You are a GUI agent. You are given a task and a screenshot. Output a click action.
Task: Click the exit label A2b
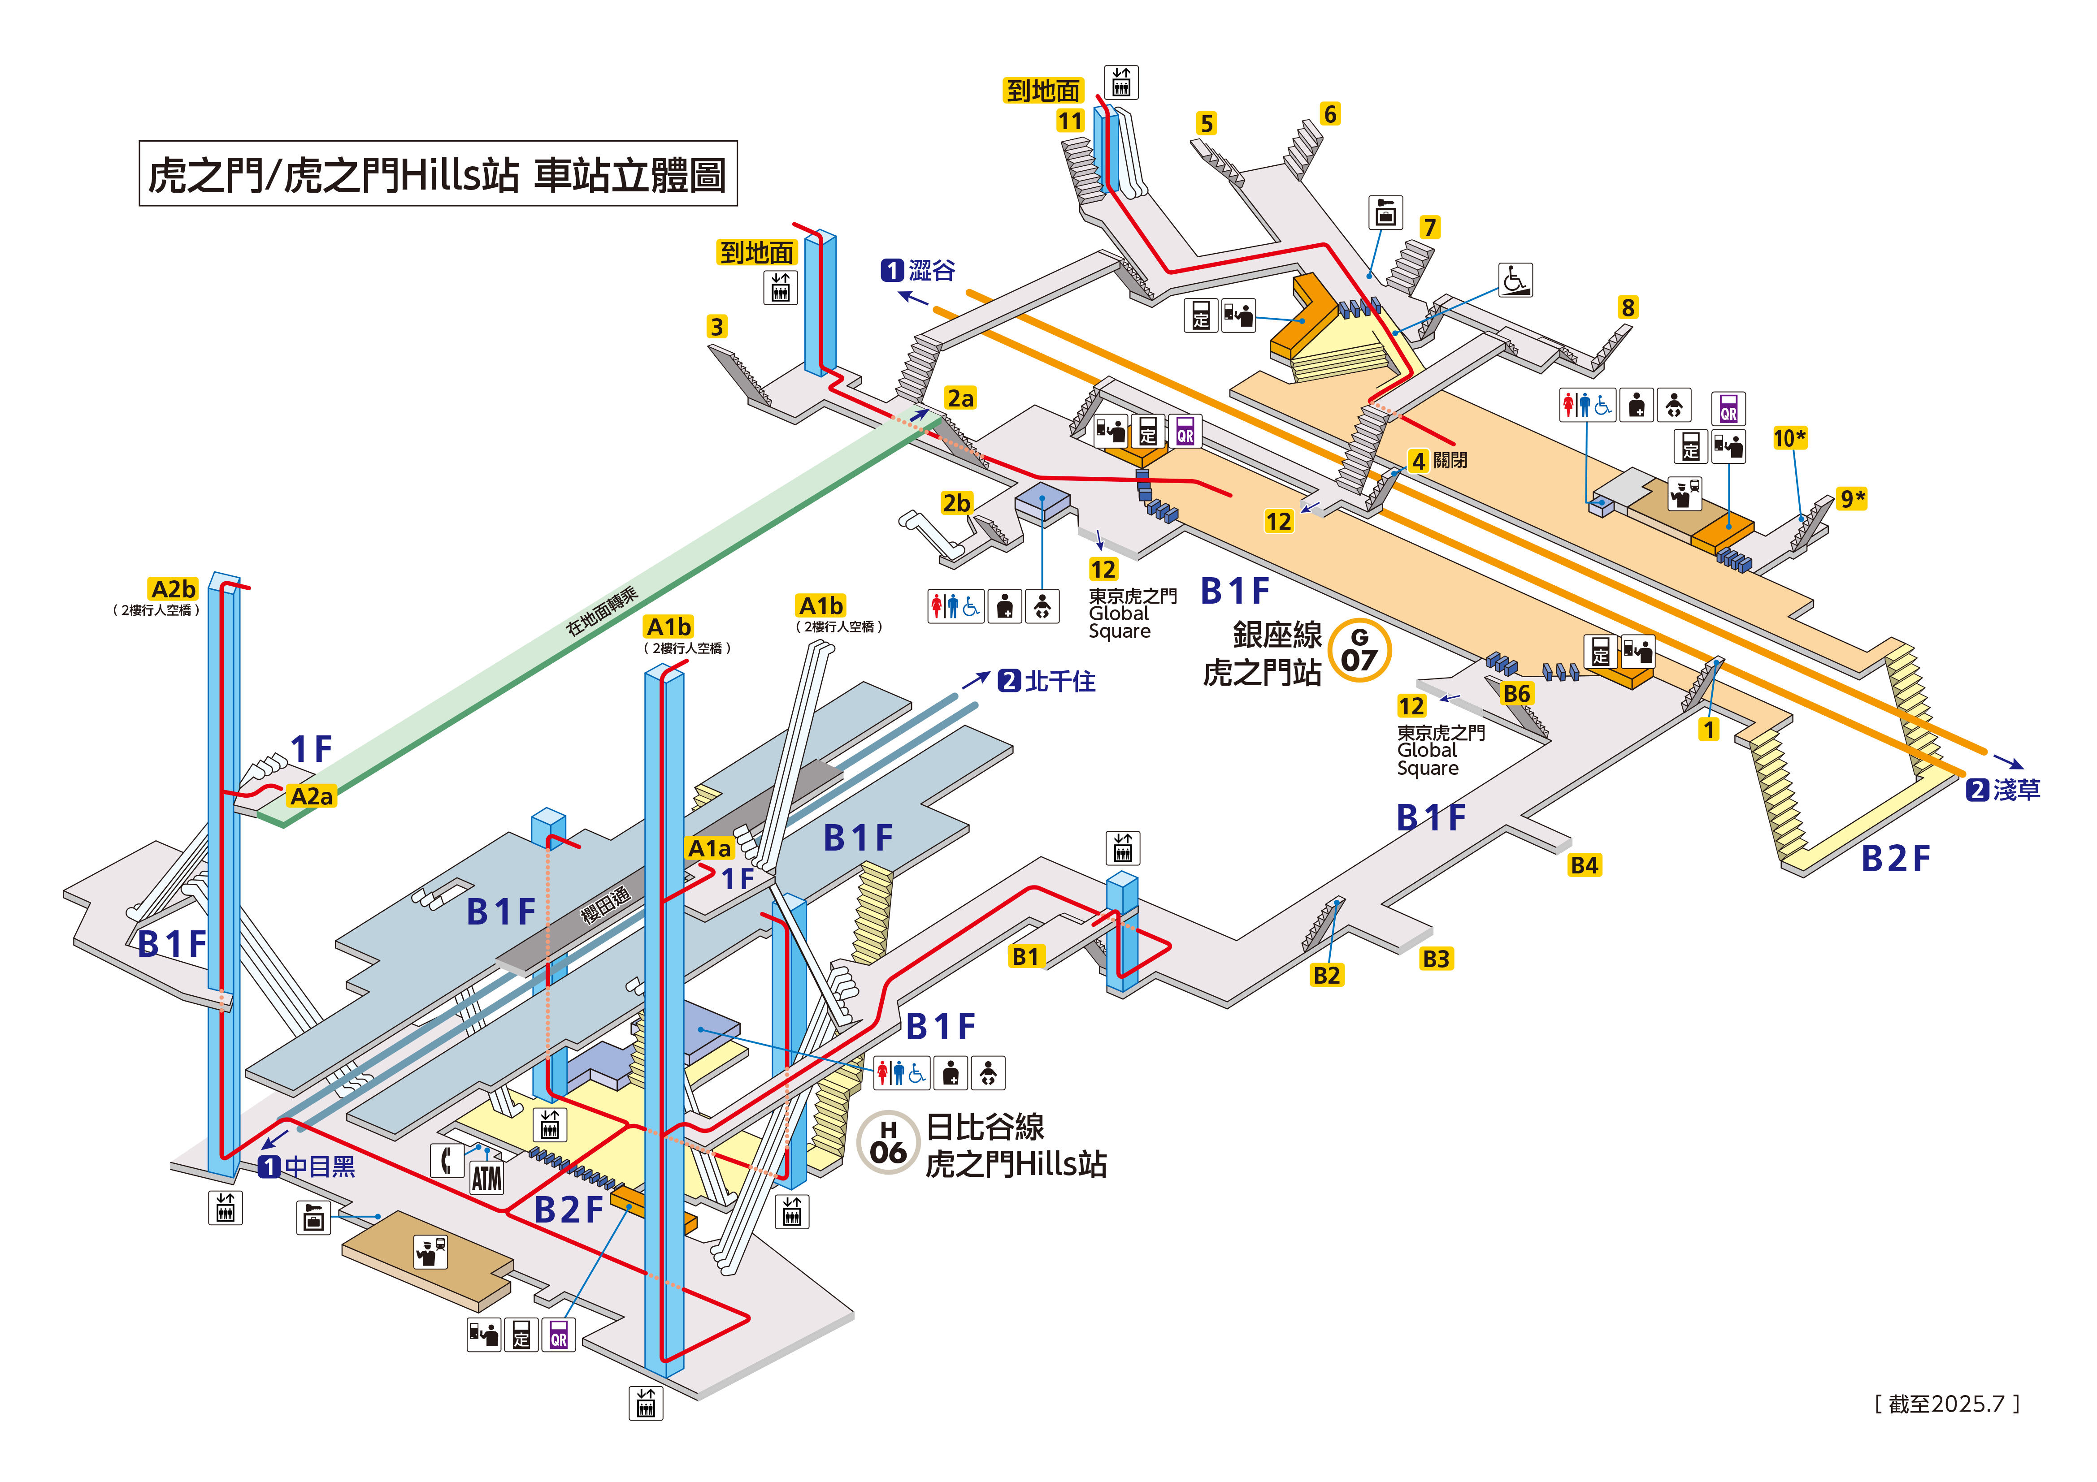pos(174,589)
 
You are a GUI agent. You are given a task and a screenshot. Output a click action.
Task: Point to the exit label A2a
pos(312,796)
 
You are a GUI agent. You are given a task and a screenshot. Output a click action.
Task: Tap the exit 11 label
pos(1070,121)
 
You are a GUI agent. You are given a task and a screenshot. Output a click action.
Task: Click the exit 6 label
pos(1330,114)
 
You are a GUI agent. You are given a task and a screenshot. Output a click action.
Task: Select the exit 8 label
pos(1628,308)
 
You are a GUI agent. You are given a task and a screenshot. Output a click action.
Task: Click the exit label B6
pos(1516,694)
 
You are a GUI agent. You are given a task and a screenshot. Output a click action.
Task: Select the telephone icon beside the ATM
pos(447,1161)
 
